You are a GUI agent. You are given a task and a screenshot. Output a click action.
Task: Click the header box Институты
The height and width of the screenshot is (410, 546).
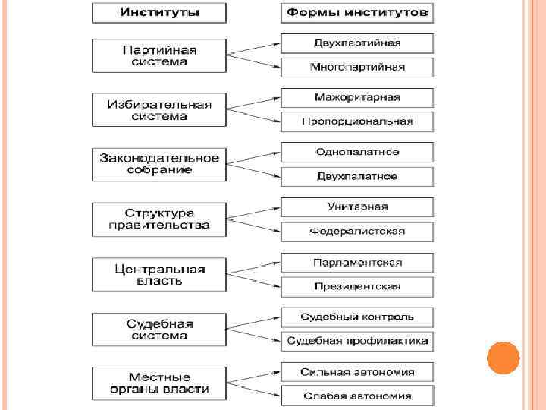click(x=159, y=13)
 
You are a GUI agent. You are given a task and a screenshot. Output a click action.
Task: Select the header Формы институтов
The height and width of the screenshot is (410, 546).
click(x=357, y=13)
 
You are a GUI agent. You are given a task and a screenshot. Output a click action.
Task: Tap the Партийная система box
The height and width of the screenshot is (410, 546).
click(x=159, y=55)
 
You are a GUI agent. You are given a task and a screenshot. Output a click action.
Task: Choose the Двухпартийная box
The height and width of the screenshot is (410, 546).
click(x=357, y=43)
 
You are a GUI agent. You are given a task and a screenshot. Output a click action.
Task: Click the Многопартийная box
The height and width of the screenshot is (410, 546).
click(x=357, y=67)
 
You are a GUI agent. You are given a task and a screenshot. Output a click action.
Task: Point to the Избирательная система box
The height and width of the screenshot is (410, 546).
click(x=159, y=110)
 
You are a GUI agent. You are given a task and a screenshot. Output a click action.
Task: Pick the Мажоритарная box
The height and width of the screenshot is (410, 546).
click(x=357, y=97)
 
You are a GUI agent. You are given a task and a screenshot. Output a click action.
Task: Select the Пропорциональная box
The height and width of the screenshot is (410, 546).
click(x=357, y=121)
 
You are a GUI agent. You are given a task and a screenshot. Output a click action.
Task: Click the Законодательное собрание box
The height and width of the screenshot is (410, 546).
click(x=159, y=164)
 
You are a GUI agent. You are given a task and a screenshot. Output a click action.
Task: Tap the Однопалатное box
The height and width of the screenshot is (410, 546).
click(x=357, y=152)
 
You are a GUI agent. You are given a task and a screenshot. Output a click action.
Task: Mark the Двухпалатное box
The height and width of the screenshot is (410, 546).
click(x=357, y=176)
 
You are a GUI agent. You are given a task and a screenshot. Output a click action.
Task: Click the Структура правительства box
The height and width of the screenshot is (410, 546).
click(x=159, y=219)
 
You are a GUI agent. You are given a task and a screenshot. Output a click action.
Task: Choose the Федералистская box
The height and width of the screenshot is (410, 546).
click(x=357, y=231)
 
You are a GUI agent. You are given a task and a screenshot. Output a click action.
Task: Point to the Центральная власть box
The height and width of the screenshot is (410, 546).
click(x=159, y=274)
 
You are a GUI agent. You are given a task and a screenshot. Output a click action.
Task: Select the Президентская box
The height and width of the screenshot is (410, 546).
click(x=357, y=286)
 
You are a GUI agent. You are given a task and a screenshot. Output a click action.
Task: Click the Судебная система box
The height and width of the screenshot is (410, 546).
click(x=159, y=329)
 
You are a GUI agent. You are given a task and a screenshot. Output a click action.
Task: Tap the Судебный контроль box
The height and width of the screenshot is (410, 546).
click(x=357, y=317)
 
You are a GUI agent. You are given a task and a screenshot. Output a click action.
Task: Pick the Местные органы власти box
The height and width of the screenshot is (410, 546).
click(x=159, y=383)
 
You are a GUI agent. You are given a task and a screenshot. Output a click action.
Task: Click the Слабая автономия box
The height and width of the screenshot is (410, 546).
click(x=357, y=396)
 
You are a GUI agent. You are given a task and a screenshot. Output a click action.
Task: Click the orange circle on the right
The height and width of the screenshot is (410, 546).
click(x=503, y=358)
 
